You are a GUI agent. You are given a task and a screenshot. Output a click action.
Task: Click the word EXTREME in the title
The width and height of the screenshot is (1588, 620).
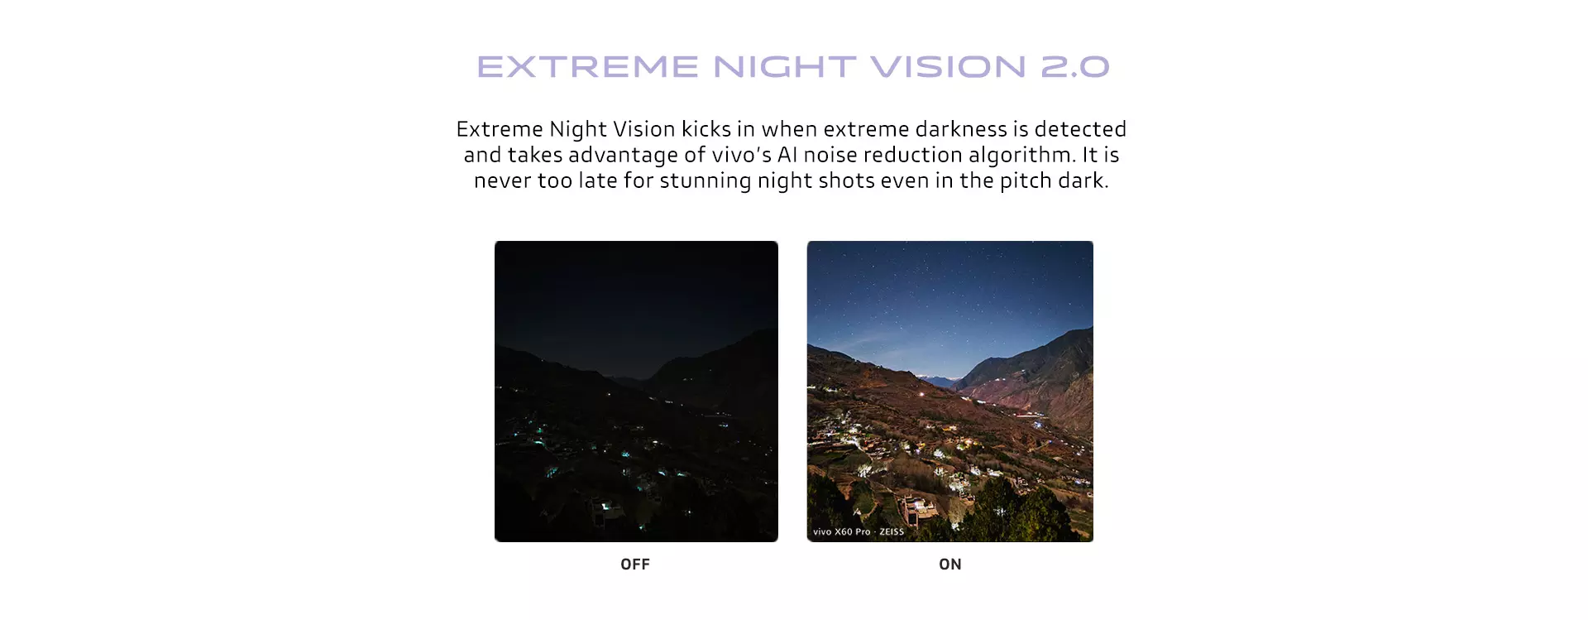[x=588, y=67]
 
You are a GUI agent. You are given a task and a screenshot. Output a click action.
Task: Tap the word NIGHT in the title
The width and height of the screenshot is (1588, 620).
[x=784, y=67]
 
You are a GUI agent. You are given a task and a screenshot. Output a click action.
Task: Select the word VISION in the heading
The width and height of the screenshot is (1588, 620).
[x=947, y=67]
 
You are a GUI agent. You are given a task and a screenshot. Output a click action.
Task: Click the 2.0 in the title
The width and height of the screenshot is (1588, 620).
[x=1074, y=67]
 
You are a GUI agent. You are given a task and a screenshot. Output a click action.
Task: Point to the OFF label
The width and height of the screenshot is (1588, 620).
[x=635, y=565]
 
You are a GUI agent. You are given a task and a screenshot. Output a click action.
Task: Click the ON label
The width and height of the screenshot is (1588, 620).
[x=950, y=565]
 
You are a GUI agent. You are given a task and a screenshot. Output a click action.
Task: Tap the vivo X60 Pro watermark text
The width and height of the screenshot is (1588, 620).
[x=842, y=532]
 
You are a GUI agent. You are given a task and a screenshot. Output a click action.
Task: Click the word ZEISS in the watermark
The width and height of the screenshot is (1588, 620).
[x=892, y=532]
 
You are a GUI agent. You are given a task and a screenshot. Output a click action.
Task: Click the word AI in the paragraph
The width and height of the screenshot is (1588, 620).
[x=787, y=155]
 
